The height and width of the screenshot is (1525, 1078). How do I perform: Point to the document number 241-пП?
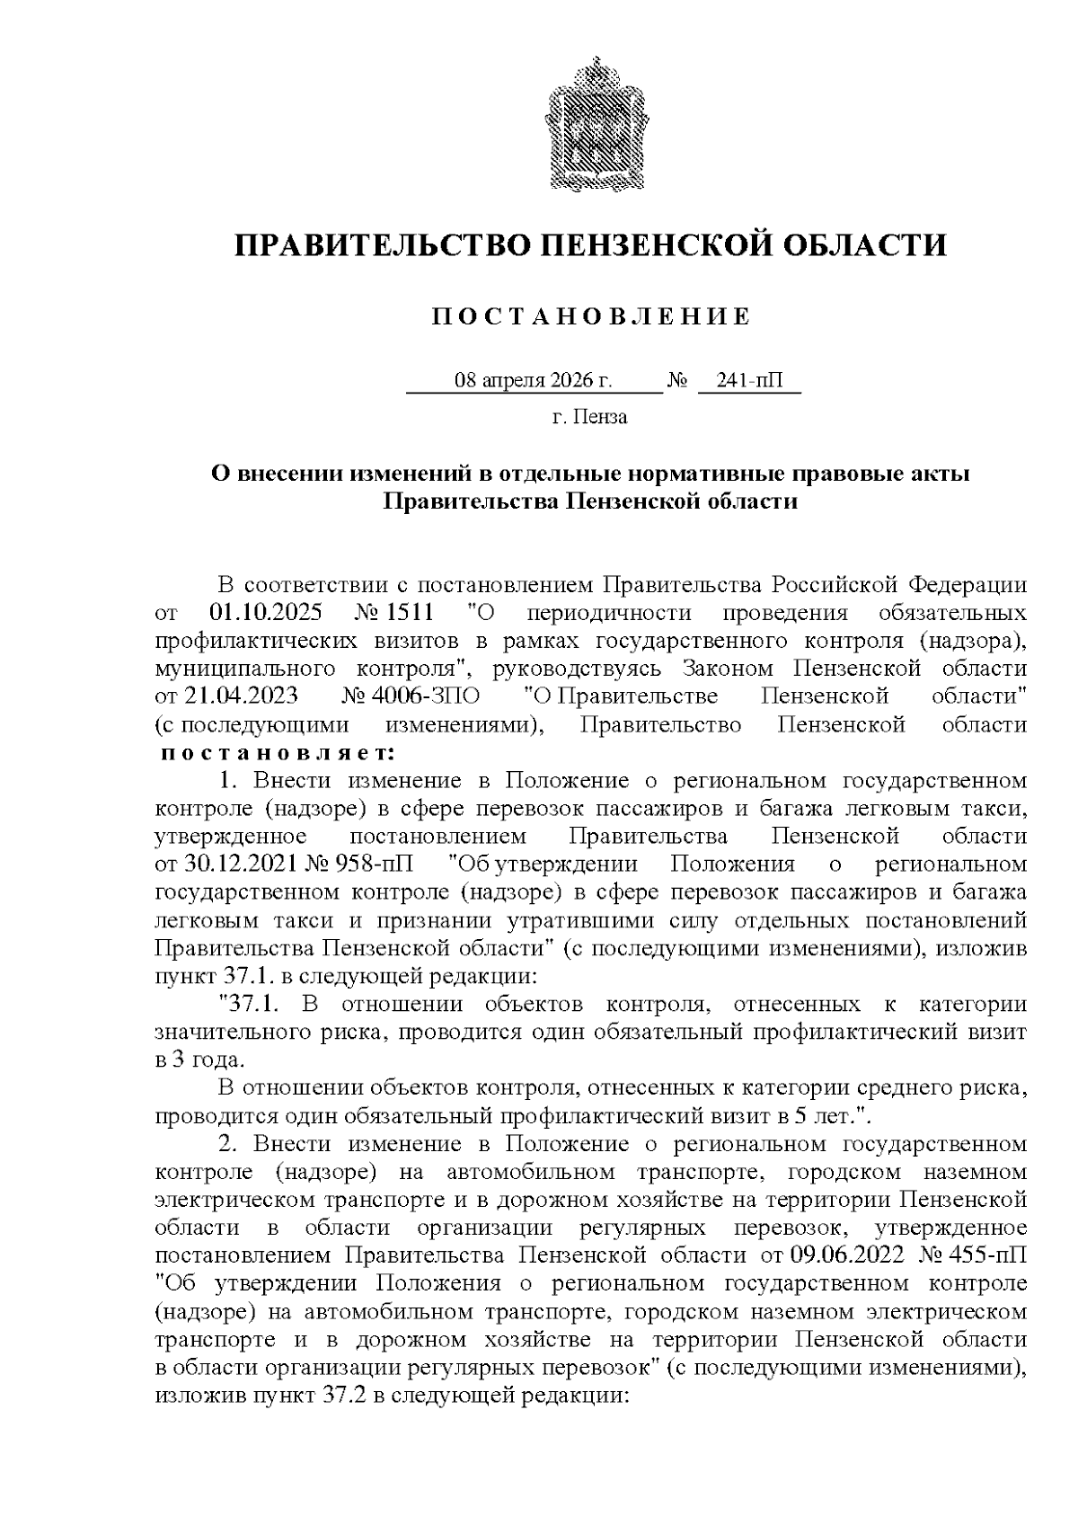pos(749,381)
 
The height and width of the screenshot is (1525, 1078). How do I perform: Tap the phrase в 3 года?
pos(195,1060)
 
